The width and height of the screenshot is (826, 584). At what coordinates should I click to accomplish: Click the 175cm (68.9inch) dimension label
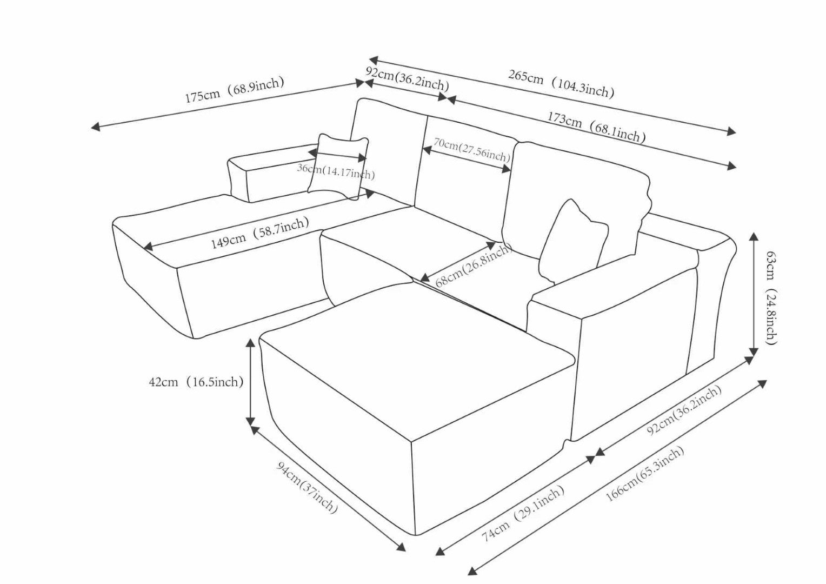pos(235,89)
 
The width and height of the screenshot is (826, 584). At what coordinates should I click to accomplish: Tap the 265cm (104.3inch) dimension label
pos(561,84)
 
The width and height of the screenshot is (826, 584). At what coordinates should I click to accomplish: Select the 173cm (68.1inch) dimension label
pos(596,127)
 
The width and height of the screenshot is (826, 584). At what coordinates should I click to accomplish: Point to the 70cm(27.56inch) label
pos(471,150)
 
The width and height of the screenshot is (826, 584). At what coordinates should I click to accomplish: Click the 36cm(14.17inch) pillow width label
pos(336,172)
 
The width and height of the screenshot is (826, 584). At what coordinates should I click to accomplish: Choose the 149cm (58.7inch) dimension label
pos(260,233)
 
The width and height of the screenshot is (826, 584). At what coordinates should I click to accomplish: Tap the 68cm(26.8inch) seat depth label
pos(474,265)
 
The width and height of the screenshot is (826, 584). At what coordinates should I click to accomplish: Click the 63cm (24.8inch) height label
pos(772,298)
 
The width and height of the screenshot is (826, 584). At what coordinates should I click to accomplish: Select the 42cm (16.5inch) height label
pos(196,382)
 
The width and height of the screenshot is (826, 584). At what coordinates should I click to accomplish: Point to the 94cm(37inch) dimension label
pos(307,487)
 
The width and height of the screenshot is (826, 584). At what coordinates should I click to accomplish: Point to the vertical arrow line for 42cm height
pos(250,381)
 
